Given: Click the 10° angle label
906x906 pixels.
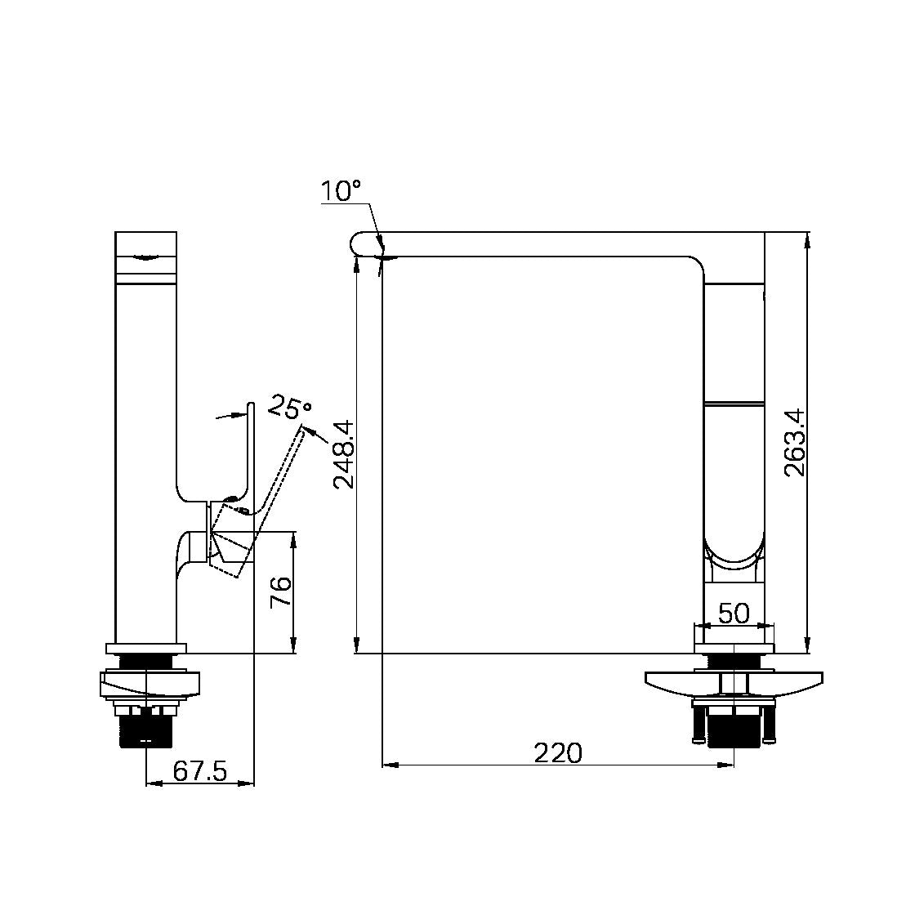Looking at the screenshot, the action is tap(341, 190).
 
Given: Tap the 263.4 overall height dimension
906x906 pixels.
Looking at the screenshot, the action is tap(794, 443).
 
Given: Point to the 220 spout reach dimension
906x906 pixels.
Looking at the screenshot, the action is tap(558, 753).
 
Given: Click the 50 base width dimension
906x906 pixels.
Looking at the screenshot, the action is tap(734, 613).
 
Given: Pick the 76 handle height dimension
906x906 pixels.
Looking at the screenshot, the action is tap(281, 591).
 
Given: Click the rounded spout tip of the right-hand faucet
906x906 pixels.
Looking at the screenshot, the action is tap(359, 243).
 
